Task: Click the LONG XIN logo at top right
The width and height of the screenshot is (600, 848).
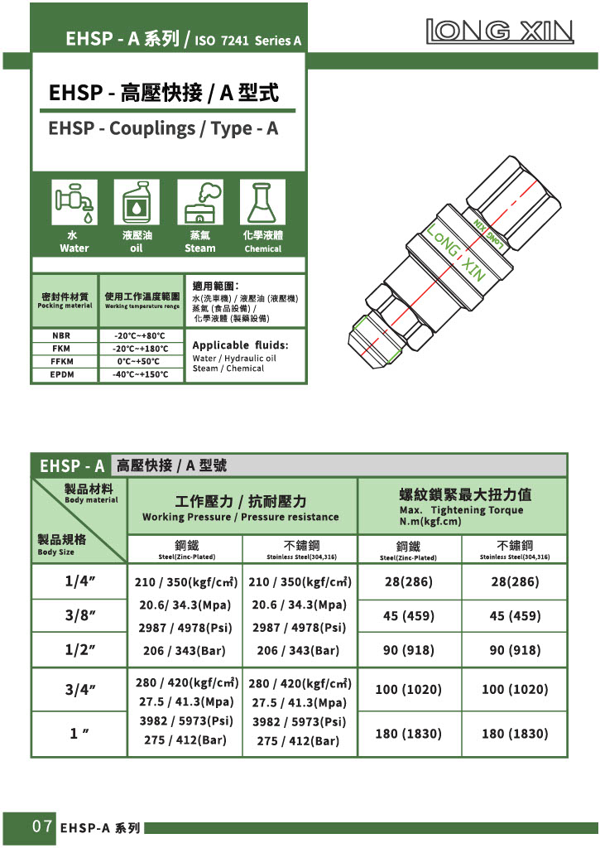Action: point(499,31)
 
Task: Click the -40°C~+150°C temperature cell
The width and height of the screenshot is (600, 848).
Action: point(140,375)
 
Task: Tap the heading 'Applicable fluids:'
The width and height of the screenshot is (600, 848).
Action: point(240,345)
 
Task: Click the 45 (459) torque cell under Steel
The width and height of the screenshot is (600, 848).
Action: point(408,616)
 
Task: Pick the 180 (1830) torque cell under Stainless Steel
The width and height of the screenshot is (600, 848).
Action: point(514,734)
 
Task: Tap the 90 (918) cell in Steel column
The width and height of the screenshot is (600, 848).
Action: point(408,651)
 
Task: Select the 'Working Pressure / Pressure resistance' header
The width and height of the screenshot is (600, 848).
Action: point(240,517)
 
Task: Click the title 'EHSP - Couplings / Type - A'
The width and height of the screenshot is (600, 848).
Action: point(163,129)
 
